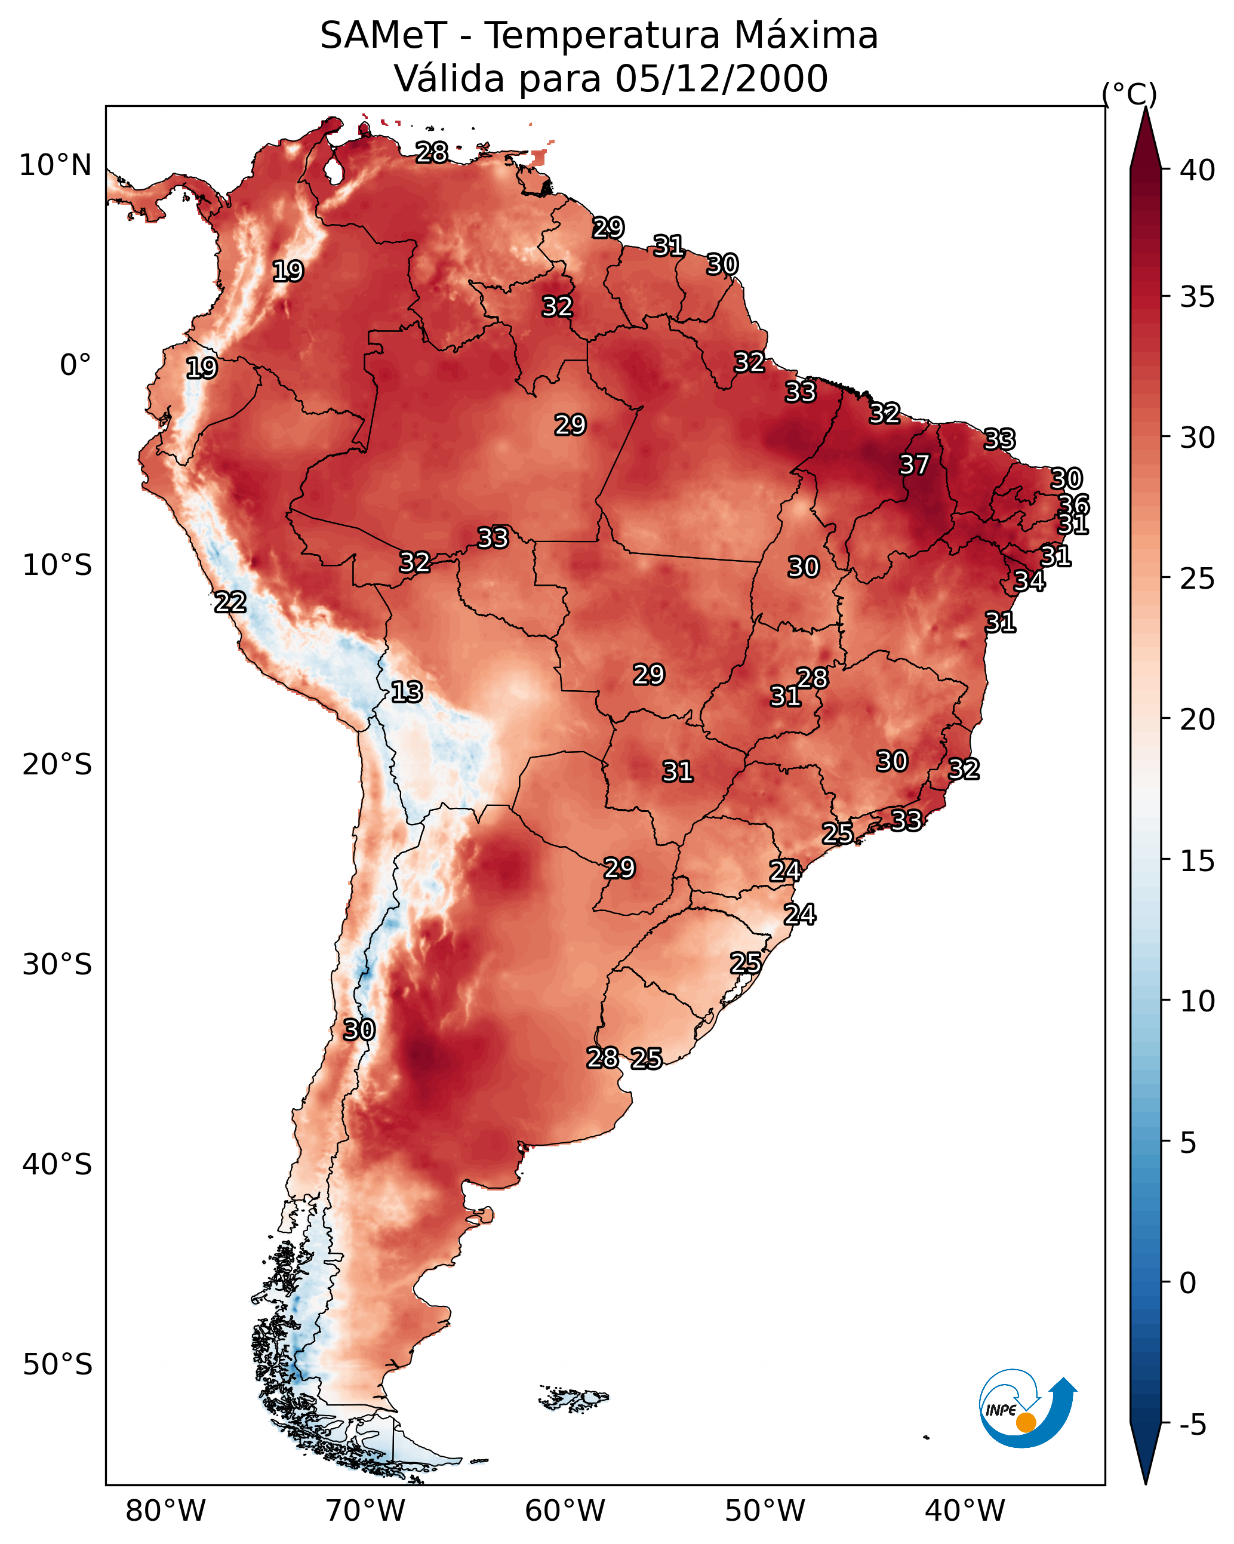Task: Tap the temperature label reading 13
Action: [407, 692]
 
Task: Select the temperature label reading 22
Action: [230, 602]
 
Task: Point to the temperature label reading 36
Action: [1073, 505]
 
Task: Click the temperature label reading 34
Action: [1029, 581]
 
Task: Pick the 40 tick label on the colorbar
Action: [1198, 170]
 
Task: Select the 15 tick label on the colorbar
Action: [1198, 861]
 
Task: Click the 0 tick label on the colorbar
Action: [1187, 1283]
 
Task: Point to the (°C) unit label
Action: [1129, 94]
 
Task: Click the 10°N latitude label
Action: [55, 165]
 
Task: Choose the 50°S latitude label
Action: [57, 1365]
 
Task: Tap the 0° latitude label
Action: [75, 365]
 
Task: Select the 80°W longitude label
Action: [165, 1511]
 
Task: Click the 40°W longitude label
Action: [965, 1511]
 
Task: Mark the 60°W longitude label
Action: [565, 1511]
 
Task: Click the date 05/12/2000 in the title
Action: [721, 79]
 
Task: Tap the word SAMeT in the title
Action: [383, 36]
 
